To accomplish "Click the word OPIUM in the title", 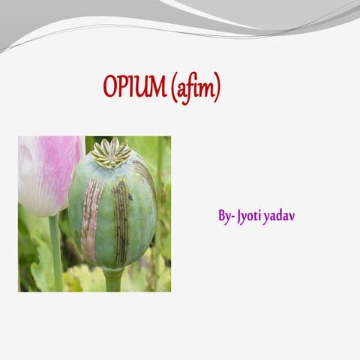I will [135, 88].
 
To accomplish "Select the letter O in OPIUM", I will [110, 88].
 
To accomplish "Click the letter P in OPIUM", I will [123, 88].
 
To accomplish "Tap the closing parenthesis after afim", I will [217, 89].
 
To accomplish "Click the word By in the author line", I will [224, 216].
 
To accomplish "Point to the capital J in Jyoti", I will [239, 217].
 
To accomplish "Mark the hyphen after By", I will [232, 217].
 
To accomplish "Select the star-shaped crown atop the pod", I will [111, 152].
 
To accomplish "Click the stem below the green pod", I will [113, 280].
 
